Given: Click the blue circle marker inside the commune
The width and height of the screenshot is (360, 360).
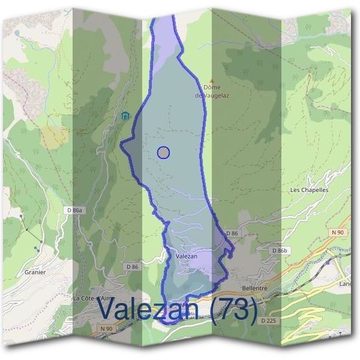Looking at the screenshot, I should pyautogui.click(x=164, y=152).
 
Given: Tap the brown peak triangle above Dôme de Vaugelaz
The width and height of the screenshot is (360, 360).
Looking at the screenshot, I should pyautogui.click(x=211, y=80).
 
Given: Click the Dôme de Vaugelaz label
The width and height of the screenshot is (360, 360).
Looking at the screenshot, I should pyautogui.click(x=208, y=91).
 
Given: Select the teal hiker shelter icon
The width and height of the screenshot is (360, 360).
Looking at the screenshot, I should pyautogui.click(x=125, y=116).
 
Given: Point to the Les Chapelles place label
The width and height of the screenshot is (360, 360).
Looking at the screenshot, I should pyautogui.click(x=309, y=190).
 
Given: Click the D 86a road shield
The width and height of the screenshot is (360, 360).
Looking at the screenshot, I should pyautogui.click(x=74, y=210).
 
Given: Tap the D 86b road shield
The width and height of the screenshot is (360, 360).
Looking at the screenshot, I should pyautogui.click(x=280, y=250).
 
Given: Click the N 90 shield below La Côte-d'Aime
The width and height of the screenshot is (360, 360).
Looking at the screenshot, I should pyautogui.click(x=106, y=328).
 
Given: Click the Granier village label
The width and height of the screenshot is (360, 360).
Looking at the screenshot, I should pyautogui.click(x=35, y=272).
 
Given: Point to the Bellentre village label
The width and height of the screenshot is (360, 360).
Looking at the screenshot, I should pyautogui.click(x=256, y=288).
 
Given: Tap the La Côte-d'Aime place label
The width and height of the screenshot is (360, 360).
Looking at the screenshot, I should pyautogui.click(x=92, y=298).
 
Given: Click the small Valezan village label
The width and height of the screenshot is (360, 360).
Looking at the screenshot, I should pyautogui.click(x=187, y=256).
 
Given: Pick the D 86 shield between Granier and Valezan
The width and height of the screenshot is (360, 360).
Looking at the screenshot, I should pyautogui.click(x=133, y=266).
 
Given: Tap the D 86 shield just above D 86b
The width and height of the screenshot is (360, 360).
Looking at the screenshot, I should pyautogui.click(x=232, y=233).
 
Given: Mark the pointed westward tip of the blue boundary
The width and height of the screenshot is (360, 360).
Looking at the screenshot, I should pyautogui.click(x=122, y=143).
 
